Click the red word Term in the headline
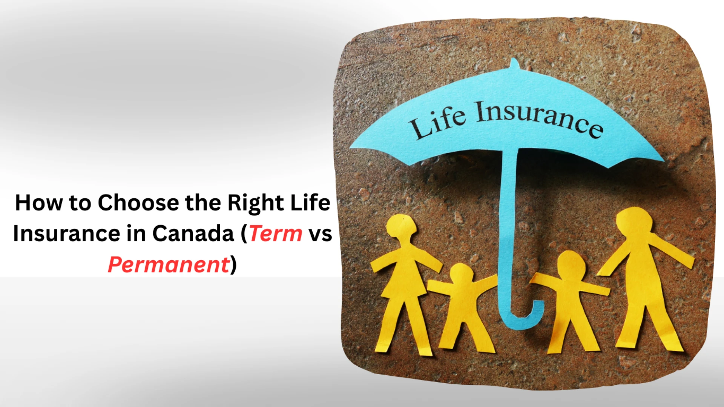[x=276, y=233]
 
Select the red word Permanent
[x=169, y=264]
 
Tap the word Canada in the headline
[x=193, y=233]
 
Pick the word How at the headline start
[x=39, y=203]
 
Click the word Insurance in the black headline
[x=66, y=233]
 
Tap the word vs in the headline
[x=320, y=235]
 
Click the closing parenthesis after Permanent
[x=233, y=265]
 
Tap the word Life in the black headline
[x=310, y=203]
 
